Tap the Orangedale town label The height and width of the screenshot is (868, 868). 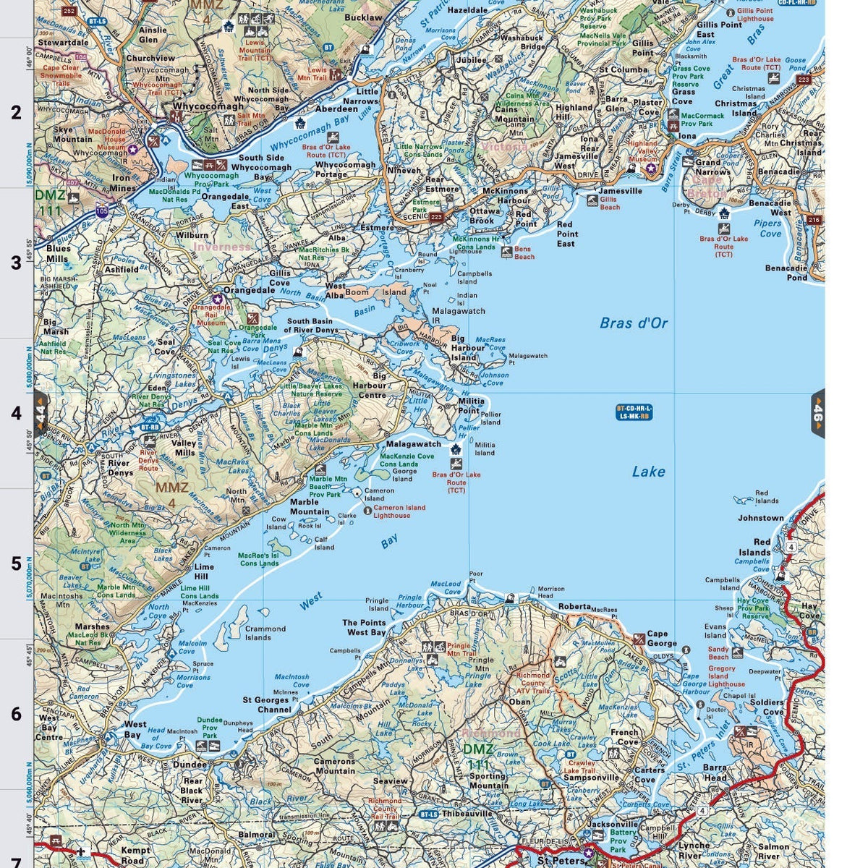[x=249, y=290]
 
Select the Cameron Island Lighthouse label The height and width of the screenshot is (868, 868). [x=399, y=511]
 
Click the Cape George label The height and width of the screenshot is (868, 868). [x=662, y=639]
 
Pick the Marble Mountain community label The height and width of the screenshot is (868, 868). [x=309, y=506]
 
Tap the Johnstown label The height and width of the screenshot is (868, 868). [x=760, y=518]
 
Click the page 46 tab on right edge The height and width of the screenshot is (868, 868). [x=818, y=414]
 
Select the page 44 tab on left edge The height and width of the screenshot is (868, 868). [x=41, y=414]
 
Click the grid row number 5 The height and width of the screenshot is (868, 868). [x=16, y=564]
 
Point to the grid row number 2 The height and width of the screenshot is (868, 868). [x=16, y=113]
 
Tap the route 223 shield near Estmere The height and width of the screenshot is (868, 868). [x=435, y=216]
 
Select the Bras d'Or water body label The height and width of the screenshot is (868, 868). [x=634, y=323]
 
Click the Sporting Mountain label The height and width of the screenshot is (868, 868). [x=488, y=781]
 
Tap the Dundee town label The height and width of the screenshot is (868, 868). [x=190, y=764]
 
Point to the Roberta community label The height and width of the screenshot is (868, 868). [x=574, y=607]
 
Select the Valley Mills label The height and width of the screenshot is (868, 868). [x=184, y=448]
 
